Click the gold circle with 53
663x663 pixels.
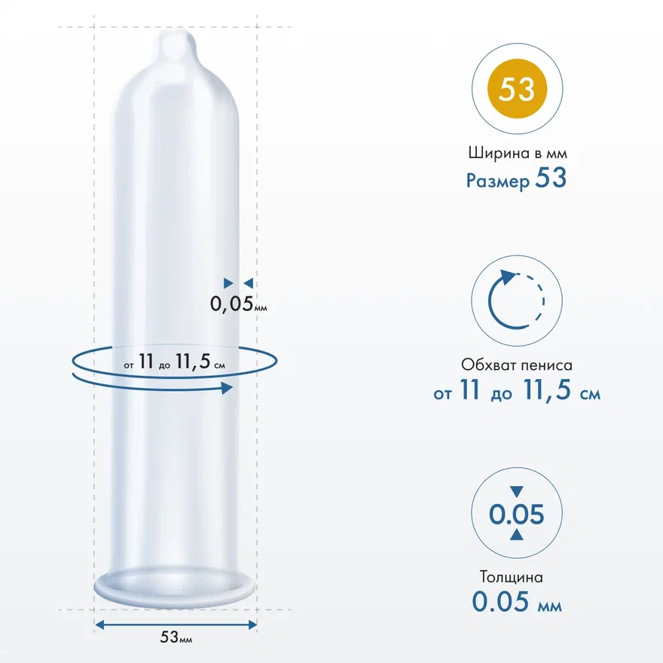pos(517,89)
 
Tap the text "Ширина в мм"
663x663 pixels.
pos(518,153)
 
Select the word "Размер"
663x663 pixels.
pos(498,181)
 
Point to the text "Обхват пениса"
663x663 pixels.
pos(517,365)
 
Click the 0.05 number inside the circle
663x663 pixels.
pos(517,514)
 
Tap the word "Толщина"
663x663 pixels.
pos(512,577)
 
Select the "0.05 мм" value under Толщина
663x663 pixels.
pos(517,602)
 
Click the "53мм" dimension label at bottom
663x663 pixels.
pos(176,637)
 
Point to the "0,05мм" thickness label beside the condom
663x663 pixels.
pos(239,304)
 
